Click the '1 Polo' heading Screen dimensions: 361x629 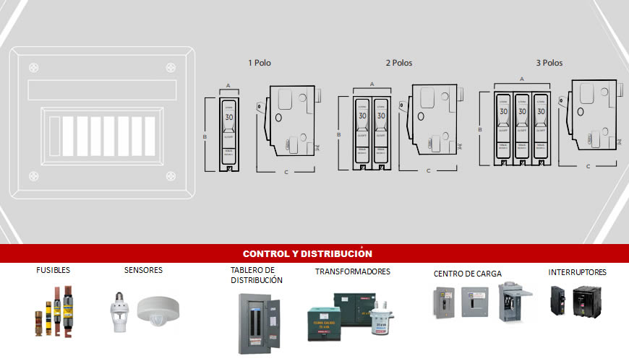(x=260, y=63)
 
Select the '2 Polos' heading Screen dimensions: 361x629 (x=398, y=63)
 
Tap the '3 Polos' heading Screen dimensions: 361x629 (x=549, y=63)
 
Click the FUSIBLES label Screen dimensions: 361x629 (x=54, y=271)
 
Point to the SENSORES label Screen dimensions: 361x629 (x=143, y=271)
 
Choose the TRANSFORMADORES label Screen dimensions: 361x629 (x=352, y=271)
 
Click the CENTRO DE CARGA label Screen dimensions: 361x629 (x=467, y=274)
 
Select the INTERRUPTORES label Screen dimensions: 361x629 (x=577, y=272)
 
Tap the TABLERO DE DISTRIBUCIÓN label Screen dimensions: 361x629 (x=257, y=275)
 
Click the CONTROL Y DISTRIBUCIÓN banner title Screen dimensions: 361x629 (x=307, y=253)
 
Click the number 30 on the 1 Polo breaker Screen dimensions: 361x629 (x=229, y=117)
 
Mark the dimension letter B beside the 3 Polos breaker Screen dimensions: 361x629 (x=480, y=130)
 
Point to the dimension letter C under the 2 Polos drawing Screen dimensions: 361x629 (x=428, y=171)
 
